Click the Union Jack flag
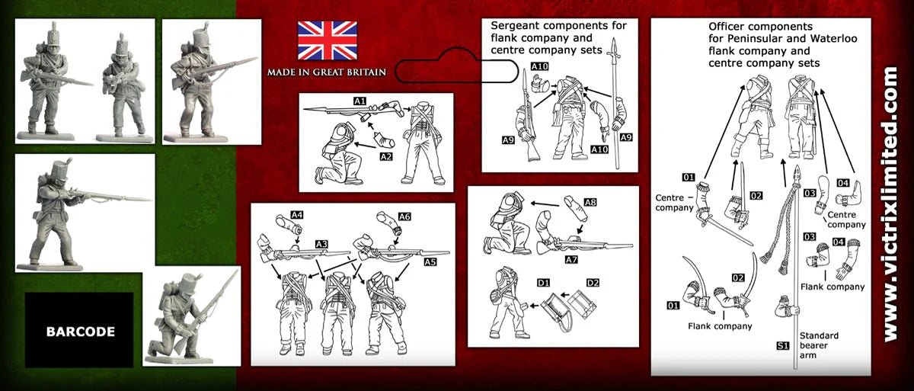[327, 40]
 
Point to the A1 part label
[360, 101]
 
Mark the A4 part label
[297, 216]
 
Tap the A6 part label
[404, 216]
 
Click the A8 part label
[590, 202]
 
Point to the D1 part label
[543, 284]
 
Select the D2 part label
[590, 284]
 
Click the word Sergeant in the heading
[518, 25]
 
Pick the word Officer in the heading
[727, 27]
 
